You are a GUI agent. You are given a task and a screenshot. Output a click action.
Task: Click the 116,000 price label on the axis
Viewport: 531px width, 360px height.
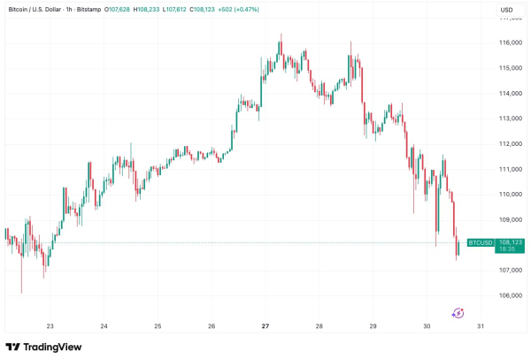[x=512, y=42]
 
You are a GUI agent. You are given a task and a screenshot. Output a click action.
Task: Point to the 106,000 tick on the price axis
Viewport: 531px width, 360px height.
[x=512, y=295]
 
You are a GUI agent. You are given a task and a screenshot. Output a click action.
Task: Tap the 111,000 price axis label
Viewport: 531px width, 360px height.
[x=512, y=169]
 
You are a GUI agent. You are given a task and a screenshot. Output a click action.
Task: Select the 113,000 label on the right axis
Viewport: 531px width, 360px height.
[x=512, y=119]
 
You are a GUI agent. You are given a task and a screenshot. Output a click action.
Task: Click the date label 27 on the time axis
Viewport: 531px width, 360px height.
[x=265, y=326]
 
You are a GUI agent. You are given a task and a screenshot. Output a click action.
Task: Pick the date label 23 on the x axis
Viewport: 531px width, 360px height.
[x=50, y=326]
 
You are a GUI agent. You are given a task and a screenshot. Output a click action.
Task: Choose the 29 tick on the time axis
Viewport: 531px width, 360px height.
[x=373, y=326]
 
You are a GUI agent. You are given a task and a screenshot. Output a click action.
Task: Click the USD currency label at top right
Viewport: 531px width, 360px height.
[x=506, y=11]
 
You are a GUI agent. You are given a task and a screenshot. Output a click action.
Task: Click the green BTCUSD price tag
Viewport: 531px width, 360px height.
[x=480, y=242]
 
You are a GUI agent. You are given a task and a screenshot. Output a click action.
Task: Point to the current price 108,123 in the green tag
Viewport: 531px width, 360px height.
[x=512, y=241]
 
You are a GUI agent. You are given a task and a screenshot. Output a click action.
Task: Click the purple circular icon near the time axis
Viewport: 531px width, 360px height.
[x=458, y=312]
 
